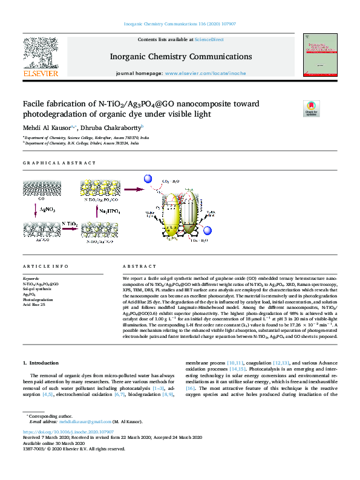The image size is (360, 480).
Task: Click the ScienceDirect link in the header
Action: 209,39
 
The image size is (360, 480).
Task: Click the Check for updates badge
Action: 312,108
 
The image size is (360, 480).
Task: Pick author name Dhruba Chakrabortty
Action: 112,128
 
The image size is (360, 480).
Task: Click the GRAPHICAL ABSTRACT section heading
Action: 59,163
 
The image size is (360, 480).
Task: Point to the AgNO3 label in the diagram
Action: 48,210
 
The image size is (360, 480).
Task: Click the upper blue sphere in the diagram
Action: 147,180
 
